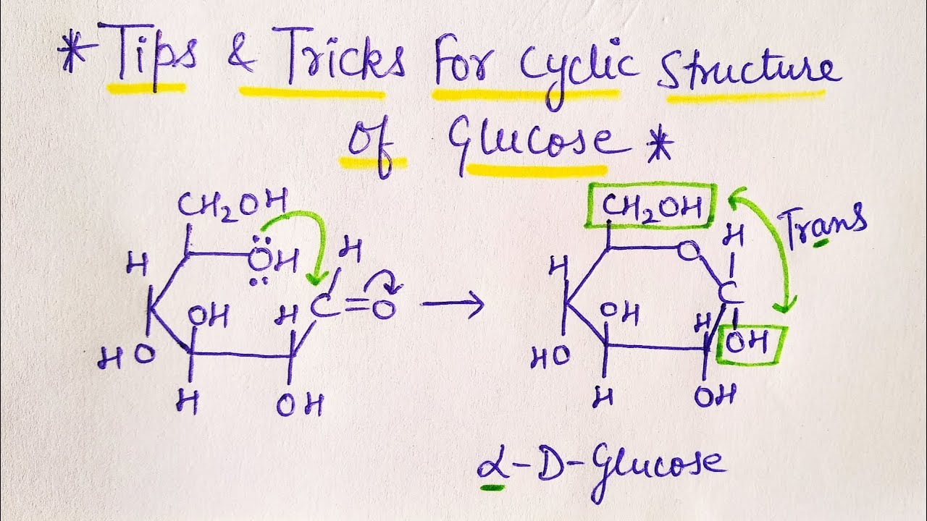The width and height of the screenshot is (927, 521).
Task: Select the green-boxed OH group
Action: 750,344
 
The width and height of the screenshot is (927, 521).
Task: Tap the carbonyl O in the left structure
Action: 386,309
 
